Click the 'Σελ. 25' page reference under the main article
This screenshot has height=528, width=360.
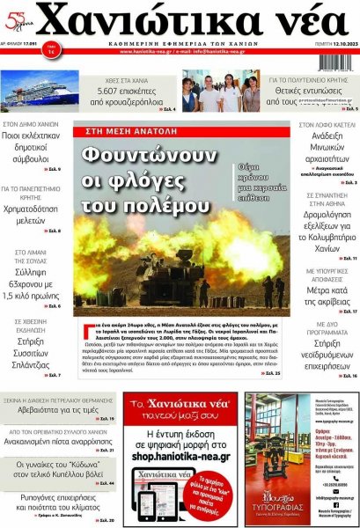tap(273, 373)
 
